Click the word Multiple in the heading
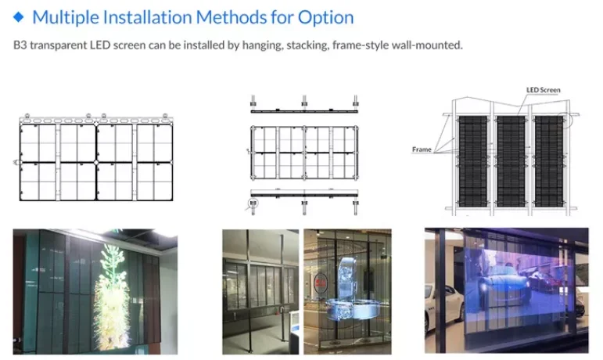[x=66, y=16]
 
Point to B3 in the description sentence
[x=21, y=45]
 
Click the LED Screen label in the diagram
[x=543, y=91]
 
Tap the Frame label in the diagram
[x=422, y=149]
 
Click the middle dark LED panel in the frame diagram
[x=511, y=161]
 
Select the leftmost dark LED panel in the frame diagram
[x=474, y=161]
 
